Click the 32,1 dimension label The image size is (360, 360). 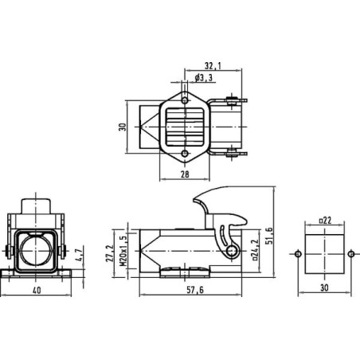click(x=213, y=65)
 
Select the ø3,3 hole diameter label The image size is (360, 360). click(x=204, y=78)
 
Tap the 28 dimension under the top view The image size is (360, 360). click(x=185, y=174)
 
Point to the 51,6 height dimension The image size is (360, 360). click(x=269, y=236)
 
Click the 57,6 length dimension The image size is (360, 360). click(x=195, y=290)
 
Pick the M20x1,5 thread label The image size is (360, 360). click(x=123, y=250)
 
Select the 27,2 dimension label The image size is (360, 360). click(x=109, y=253)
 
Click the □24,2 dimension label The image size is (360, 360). click(x=255, y=250)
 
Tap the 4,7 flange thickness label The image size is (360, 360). click(x=79, y=255)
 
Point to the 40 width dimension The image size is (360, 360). click(x=37, y=290)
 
